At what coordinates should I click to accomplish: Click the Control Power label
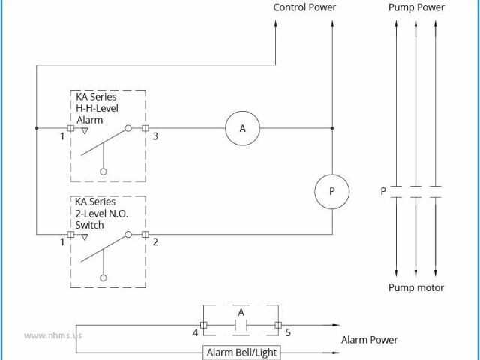[304, 7]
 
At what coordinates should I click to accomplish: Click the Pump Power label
[416, 7]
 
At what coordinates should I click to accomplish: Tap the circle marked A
[242, 129]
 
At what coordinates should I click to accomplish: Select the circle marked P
[331, 191]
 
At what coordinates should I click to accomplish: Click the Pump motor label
[415, 287]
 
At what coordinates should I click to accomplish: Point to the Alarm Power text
[369, 340]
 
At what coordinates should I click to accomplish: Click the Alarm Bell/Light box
[241, 352]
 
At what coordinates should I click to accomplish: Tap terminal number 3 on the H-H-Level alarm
[155, 136]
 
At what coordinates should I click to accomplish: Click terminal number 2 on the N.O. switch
[155, 242]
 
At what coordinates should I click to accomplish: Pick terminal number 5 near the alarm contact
[288, 331]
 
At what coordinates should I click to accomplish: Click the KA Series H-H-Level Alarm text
[96, 109]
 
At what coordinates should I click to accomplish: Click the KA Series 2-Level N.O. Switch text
[101, 214]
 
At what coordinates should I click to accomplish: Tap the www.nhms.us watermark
[52, 335]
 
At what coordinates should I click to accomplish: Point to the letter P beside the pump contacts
[383, 191]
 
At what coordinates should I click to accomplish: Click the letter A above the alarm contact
[241, 311]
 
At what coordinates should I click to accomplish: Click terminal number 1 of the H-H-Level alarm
[62, 136]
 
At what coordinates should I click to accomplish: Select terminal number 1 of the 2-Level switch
[62, 242]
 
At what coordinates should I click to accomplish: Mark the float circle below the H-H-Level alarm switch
[103, 172]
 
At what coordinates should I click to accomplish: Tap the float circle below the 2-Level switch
[103, 277]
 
